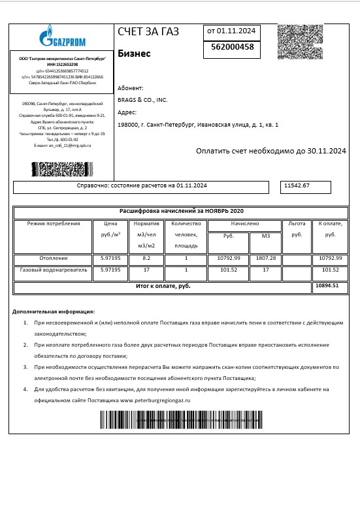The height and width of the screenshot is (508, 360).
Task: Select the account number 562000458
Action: tap(233, 47)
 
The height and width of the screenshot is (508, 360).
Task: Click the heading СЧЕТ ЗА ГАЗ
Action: tap(148, 31)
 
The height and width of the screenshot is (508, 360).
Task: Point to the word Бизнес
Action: tap(134, 54)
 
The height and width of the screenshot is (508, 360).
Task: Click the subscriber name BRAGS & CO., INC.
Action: tap(142, 100)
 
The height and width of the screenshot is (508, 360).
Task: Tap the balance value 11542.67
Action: tap(297, 186)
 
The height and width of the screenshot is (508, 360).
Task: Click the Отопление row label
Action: tap(54, 259)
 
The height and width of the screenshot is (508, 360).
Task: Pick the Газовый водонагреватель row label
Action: tap(54, 270)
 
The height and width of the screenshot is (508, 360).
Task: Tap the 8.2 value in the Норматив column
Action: tap(146, 259)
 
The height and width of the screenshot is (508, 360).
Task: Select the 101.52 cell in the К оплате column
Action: tap(331, 270)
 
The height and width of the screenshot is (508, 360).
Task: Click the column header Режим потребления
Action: tap(54, 223)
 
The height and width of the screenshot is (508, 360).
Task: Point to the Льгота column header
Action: tap(297, 223)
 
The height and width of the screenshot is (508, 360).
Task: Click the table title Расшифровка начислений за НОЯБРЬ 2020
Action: tap(180, 212)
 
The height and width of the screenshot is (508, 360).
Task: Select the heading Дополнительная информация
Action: tap(54, 311)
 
